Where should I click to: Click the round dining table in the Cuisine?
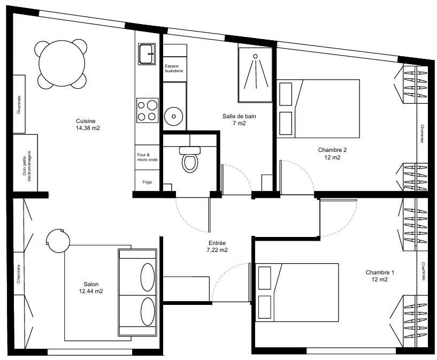[62, 64]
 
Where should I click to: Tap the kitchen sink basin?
[147, 54]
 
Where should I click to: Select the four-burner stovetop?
[148, 110]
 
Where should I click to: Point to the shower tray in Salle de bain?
[255, 75]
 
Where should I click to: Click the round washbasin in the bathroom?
[174, 116]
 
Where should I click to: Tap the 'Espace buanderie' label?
[174, 68]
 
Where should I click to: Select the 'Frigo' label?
[148, 182]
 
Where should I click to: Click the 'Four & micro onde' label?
[147, 157]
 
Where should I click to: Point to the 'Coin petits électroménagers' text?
[27, 166]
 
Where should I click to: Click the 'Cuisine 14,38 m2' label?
[88, 125]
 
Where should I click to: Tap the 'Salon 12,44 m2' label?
[91, 288]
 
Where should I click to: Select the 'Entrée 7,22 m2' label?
[217, 247]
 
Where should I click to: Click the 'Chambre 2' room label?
[332, 154]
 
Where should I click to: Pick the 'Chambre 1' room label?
[380, 275]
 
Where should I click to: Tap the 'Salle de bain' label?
[239, 119]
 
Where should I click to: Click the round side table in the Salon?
[58, 241]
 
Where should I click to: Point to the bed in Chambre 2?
[318, 109]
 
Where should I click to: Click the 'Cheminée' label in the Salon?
[19, 274]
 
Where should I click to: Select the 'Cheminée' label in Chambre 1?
[423, 271]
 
